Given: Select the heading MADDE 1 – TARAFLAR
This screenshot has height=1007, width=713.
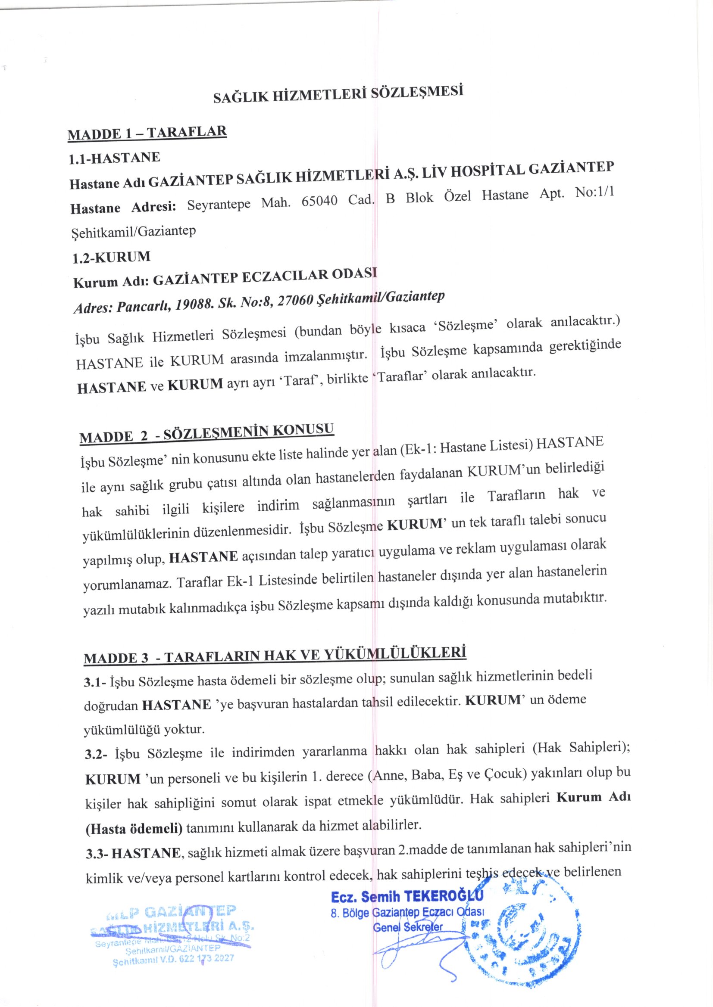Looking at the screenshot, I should pyautogui.click(x=147, y=133).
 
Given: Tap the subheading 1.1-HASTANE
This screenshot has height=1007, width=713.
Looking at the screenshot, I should pyautogui.click(x=114, y=159).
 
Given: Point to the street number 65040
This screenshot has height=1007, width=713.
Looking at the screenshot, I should pyautogui.click(x=319, y=201).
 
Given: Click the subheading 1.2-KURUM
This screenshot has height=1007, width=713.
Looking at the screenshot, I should pyautogui.click(x=111, y=257).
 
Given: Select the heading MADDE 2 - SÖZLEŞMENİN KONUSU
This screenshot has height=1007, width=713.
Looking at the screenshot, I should pyautogui.click(x=207, y=432).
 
